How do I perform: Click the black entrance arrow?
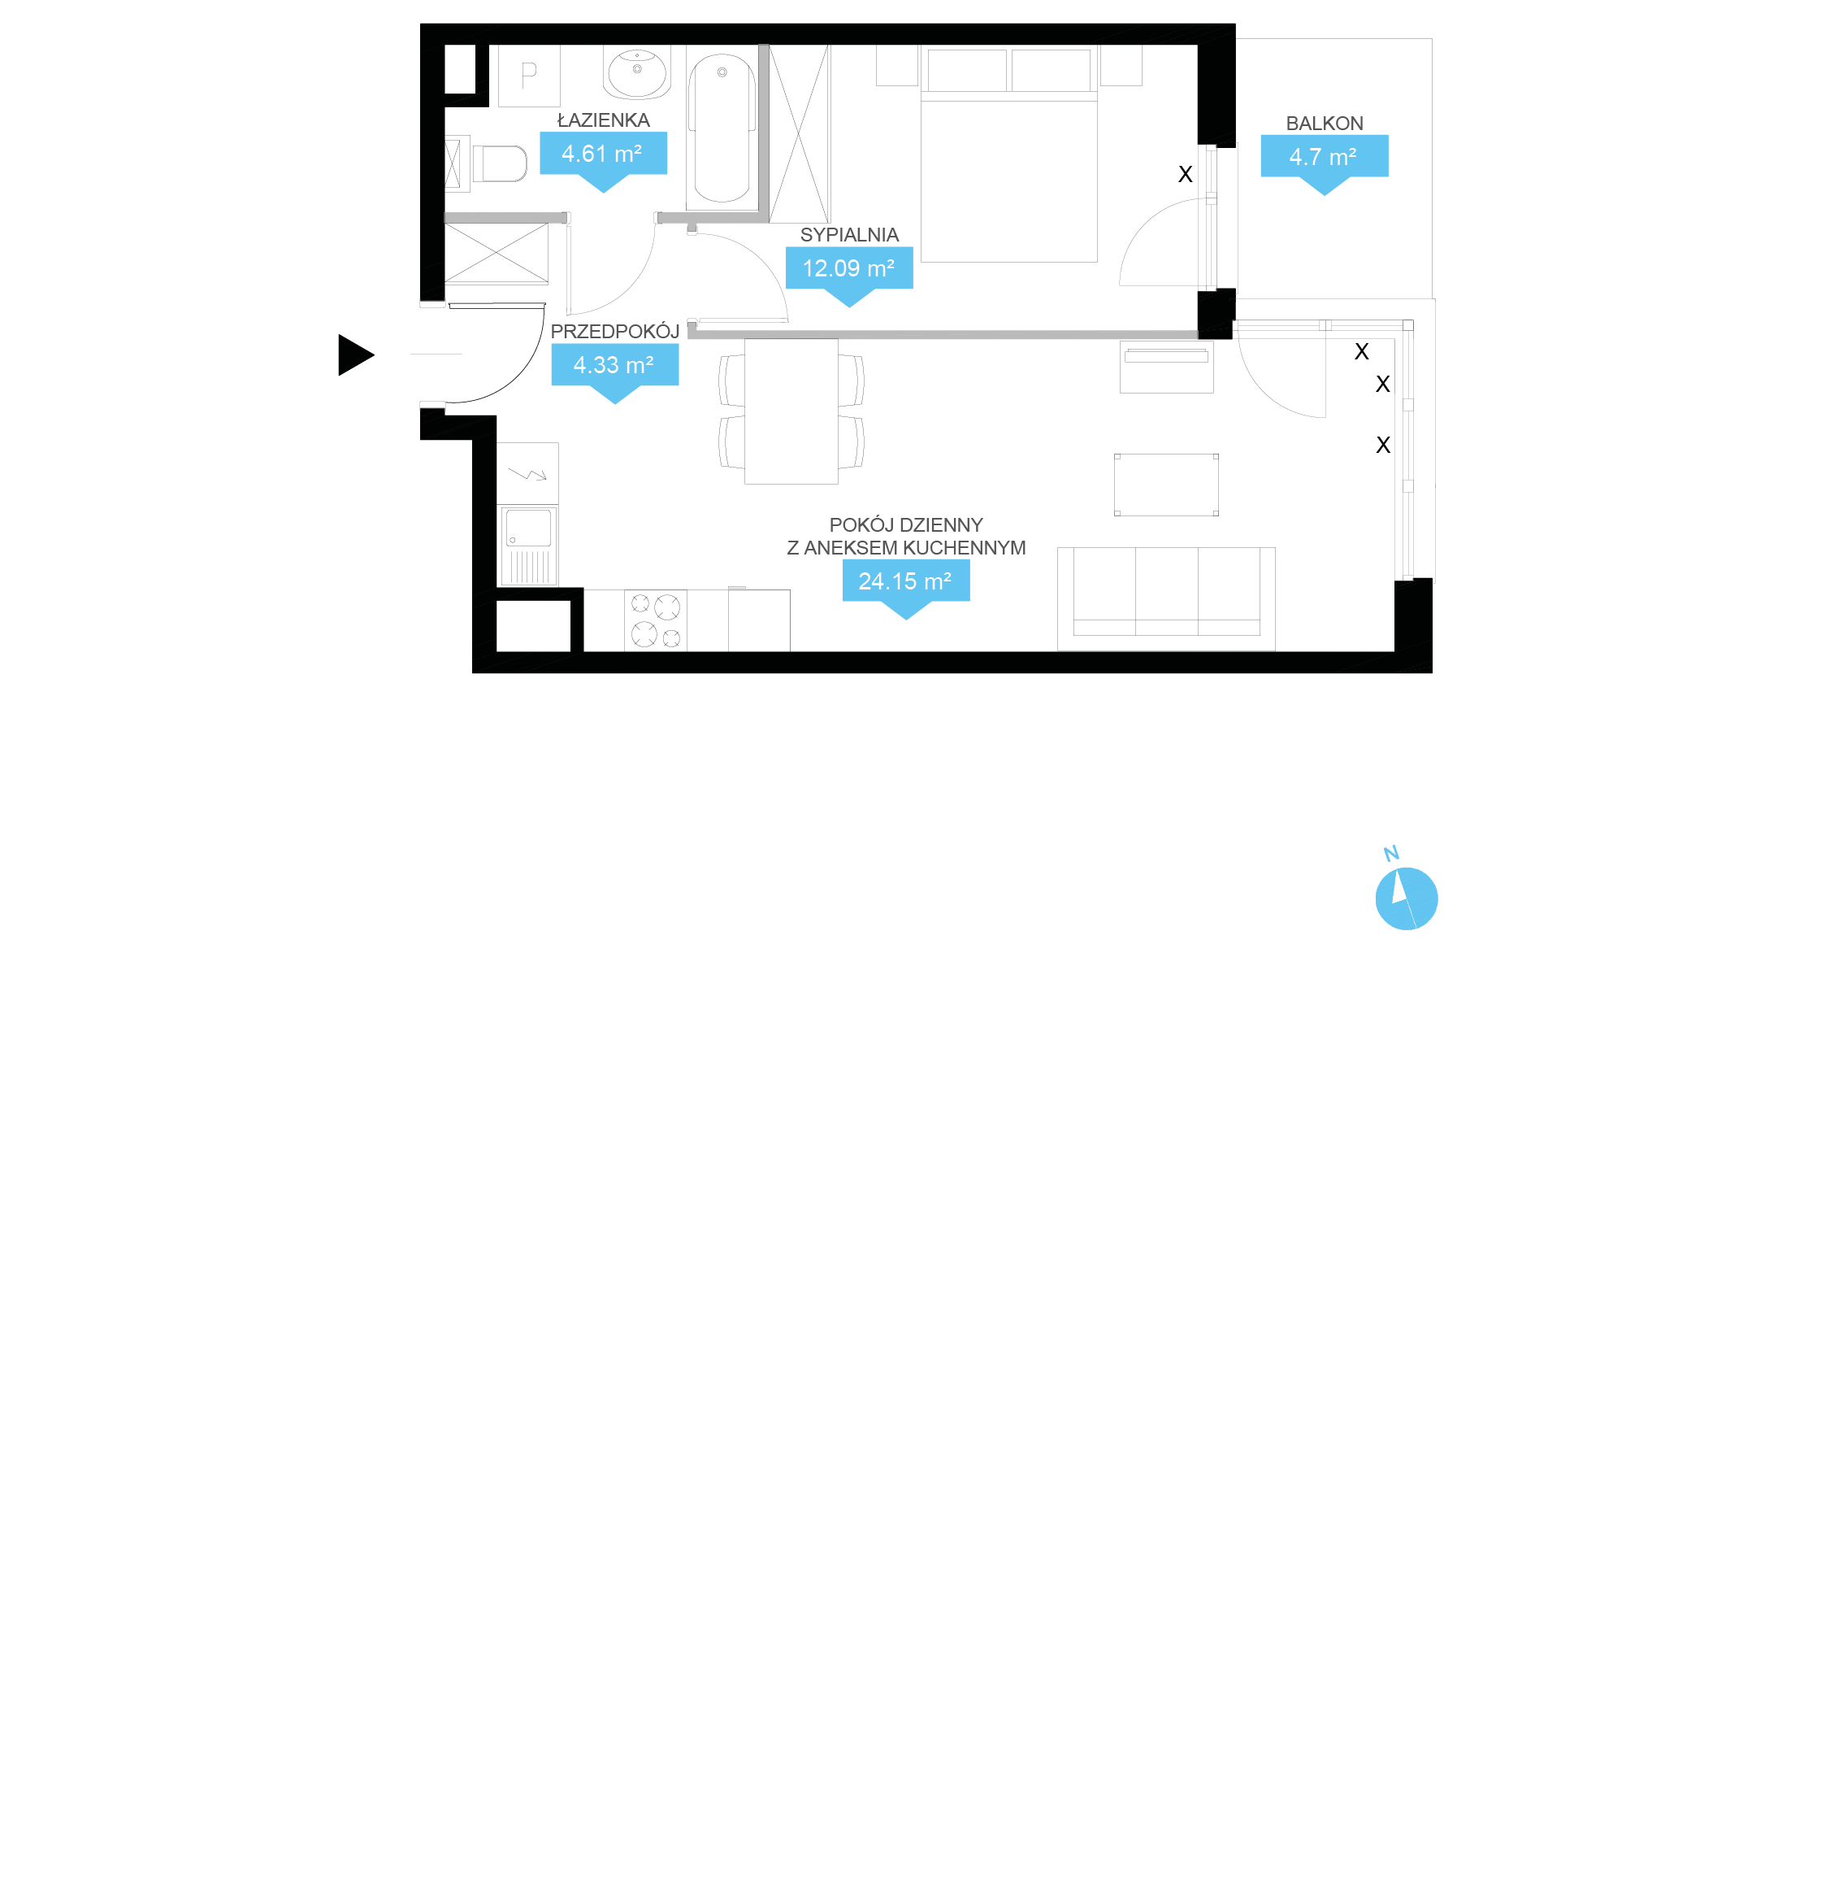point(355,354)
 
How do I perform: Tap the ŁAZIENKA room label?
point(603,120)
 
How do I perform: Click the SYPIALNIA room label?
point(849,234)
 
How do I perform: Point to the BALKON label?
point(1325,123)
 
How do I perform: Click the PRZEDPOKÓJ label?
point(614,331)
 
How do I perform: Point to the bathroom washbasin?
point(637,72)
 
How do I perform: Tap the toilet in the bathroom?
point(498,163)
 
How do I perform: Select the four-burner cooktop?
point(655,620)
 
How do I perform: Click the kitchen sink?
point(527,545)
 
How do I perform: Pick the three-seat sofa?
point(1165,598)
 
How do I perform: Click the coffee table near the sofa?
point(1165,484)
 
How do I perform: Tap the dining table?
point(791,411)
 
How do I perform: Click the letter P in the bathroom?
point(528,75)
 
